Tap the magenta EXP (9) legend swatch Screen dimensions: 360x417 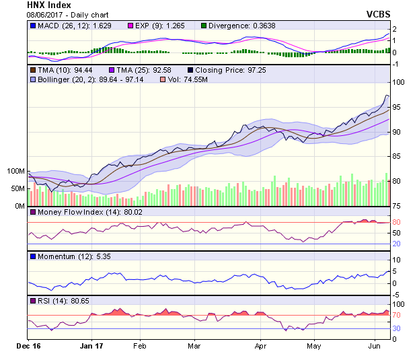coord(131,26)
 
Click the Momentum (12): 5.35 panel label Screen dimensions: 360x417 coord(68,257)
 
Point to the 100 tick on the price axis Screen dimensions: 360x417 coord(399,82)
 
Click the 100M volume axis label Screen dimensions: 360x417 coord(15,172)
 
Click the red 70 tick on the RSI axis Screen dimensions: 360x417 coord(397,314)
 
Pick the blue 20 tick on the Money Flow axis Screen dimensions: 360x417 coord(397,244)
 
